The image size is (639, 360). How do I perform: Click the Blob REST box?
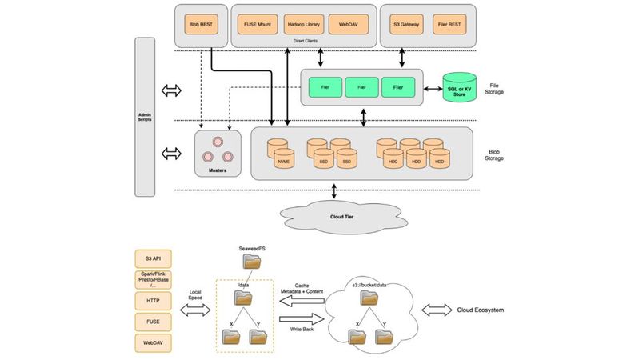point(199,25)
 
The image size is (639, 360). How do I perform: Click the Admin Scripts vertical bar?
point(145,117)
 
